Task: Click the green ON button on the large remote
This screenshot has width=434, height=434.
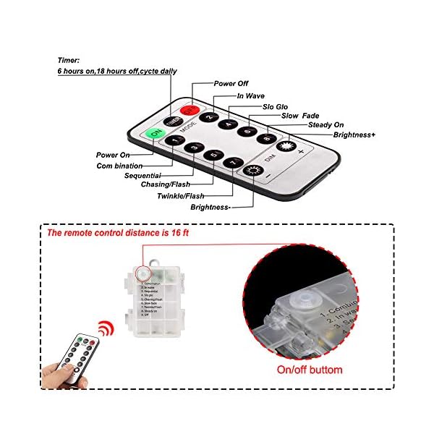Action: coord(154,134)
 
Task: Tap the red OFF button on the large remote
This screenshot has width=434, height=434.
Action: coord(190,111)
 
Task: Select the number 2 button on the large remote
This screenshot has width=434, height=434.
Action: coord(210,118)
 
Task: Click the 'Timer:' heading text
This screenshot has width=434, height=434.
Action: coord(69,61)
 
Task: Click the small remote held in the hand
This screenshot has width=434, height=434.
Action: coord(80,357)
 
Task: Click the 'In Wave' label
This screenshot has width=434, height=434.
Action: coord(251,95)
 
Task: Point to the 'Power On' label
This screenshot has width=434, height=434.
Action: coord(114,155)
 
